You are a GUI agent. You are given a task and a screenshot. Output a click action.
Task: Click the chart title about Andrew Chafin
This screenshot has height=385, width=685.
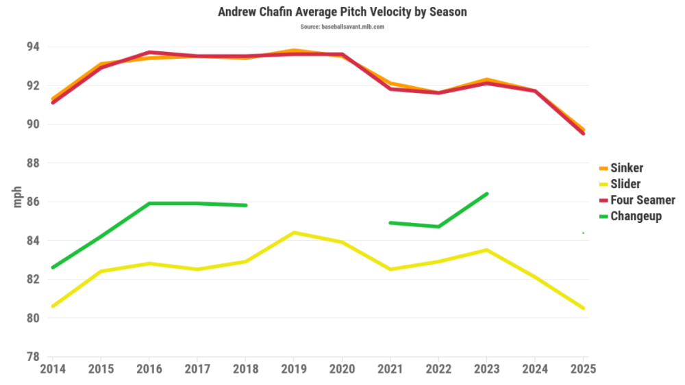click(342, 12)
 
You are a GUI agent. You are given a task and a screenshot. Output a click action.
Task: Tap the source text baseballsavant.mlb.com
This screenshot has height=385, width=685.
click(342, 27)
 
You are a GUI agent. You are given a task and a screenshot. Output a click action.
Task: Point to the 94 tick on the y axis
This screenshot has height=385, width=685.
click(33, 47)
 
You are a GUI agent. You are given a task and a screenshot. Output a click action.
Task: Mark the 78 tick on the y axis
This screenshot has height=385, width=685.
click(33, 357)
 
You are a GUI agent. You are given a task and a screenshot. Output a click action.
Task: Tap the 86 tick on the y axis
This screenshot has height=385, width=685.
click(33, 202)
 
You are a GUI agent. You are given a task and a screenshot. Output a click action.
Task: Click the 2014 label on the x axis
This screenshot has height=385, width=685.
click(52, 369)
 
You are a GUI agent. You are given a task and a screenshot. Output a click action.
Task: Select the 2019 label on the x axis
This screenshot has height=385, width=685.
click(294, 369)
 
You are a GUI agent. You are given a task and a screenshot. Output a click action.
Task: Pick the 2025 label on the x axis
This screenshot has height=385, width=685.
click(582, 369)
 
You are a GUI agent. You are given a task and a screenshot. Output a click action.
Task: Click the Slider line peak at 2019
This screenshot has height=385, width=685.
click(294, 233)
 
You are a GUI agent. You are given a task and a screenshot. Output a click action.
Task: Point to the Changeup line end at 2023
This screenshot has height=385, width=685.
click(487, 194)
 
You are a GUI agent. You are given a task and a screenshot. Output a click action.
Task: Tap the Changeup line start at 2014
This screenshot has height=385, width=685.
click(53, 267)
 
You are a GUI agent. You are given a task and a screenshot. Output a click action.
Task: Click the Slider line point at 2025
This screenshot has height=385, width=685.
click(583, 308)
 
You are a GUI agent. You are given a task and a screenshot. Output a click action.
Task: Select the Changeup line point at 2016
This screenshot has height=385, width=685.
click(149, 203)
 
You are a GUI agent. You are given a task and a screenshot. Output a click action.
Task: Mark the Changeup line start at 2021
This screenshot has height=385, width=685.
click(390, 222)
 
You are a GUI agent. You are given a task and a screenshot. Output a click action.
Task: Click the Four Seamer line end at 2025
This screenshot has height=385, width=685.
click(583, 133)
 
